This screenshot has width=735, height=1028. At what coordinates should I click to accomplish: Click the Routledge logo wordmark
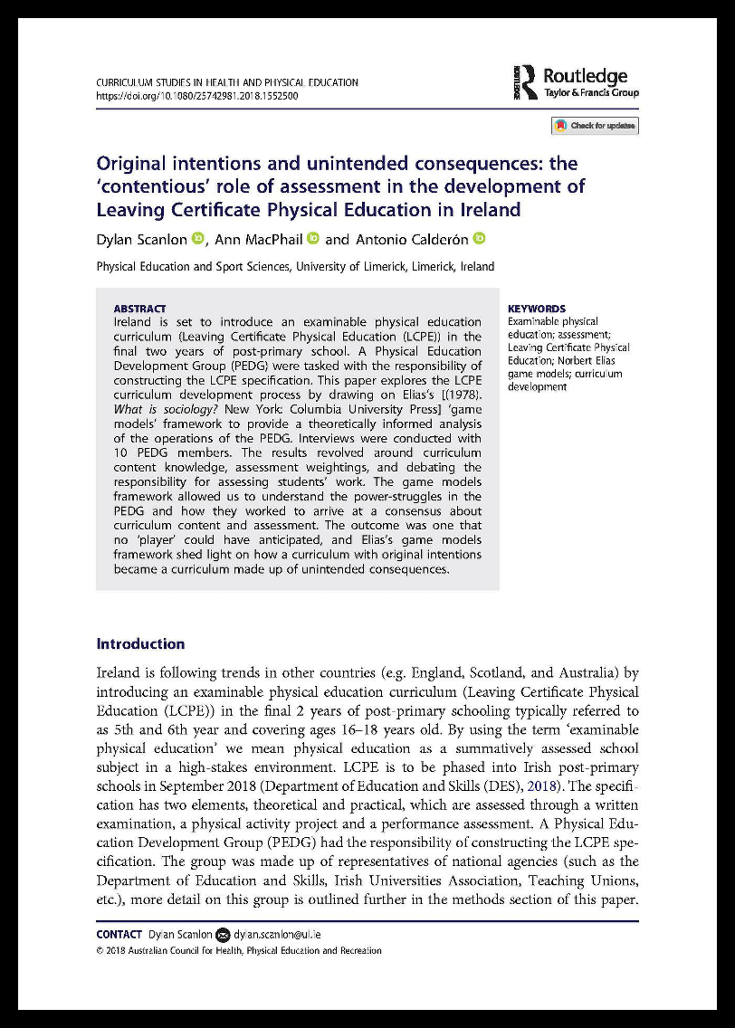pos(585,75)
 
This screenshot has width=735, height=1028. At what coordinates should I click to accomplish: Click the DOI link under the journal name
pos(196,95)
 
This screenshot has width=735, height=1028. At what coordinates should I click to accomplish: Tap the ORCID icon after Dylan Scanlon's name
pos(198,239)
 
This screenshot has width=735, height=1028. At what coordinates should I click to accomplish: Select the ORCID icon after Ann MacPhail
pos(313,239)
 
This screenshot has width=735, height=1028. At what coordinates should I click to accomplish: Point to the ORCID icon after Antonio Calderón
pos(480,239)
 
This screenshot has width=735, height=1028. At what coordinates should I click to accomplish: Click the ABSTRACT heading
pos(139,309)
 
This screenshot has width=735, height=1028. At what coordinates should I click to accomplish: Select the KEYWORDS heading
pos(537,309)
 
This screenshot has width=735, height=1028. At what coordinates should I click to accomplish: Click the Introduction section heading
pos(140,644)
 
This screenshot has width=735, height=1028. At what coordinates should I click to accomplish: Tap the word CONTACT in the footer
pos(119,934)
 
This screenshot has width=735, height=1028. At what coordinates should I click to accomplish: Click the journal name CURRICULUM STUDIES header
pos(226,82)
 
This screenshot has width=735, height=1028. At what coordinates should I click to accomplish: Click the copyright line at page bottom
pos(239,951)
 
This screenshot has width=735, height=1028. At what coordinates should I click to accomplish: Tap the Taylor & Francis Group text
pos(591,93)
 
